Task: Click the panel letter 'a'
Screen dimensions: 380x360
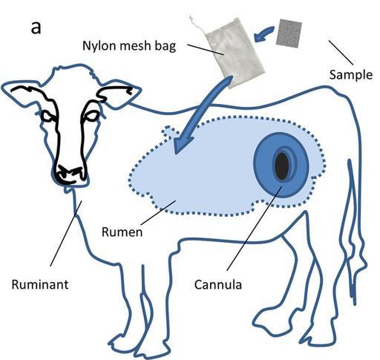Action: point(36,27)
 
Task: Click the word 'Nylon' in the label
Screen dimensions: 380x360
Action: point(96,45)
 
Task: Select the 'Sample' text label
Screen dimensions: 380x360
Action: point(351,75)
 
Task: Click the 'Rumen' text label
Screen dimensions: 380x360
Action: point(122,232)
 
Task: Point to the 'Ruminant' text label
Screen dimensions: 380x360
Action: point(40,284)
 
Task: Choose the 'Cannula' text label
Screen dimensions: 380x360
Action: point(218,284)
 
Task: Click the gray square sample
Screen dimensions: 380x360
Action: point(289,33)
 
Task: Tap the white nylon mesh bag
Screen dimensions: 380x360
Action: point(235,53)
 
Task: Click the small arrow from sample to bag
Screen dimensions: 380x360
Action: point(263,33)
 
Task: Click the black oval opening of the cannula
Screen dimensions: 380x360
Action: point(282,166)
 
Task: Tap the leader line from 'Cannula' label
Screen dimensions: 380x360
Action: point(255,228)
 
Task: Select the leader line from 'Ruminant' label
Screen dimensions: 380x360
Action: point(66,234)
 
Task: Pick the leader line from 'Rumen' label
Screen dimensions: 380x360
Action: point(158,213)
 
